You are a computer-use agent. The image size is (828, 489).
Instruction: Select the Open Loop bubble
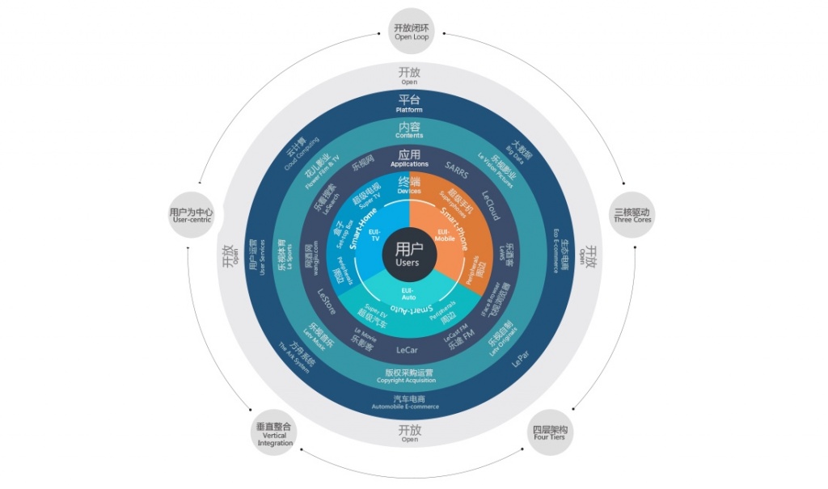[411, 32]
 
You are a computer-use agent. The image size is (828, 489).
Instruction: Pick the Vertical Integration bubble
[275, 434]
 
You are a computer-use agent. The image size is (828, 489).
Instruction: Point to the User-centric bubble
[191, 215]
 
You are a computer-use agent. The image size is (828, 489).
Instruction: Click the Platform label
[409, 104]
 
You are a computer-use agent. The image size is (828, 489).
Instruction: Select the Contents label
[409, 130]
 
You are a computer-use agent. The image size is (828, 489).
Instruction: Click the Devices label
[409, 185]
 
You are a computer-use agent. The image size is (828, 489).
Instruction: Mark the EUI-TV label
[374, 235]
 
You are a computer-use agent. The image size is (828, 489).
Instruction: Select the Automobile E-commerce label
[409, 403]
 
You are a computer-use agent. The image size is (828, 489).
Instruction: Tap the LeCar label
[408, 350]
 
